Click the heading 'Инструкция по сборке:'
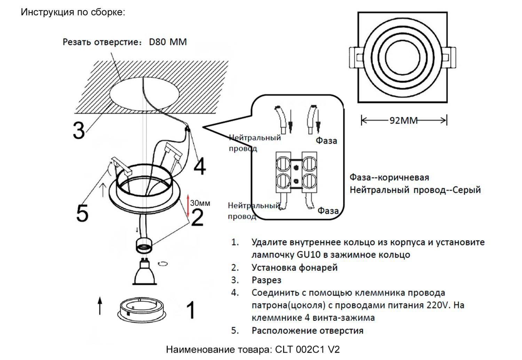tap(73, 12)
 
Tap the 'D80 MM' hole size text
tap(168, 42)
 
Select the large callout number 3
tap(79, 131)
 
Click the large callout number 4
tap(199, 167)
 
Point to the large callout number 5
tap(82, 213)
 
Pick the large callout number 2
tap(197, 218)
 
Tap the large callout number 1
tap(191, 310)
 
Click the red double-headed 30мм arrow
tap(188, 205)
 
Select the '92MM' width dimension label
tap(403, 120)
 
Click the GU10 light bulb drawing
tap(144, 273)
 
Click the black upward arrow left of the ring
tap(100, 306)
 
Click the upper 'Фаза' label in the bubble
tap(326, 141)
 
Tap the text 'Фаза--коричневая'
tap(389, 178)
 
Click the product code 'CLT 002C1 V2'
tap(307, 349)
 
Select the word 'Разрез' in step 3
tap(266, 280)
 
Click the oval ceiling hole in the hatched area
tap(144, 93)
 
